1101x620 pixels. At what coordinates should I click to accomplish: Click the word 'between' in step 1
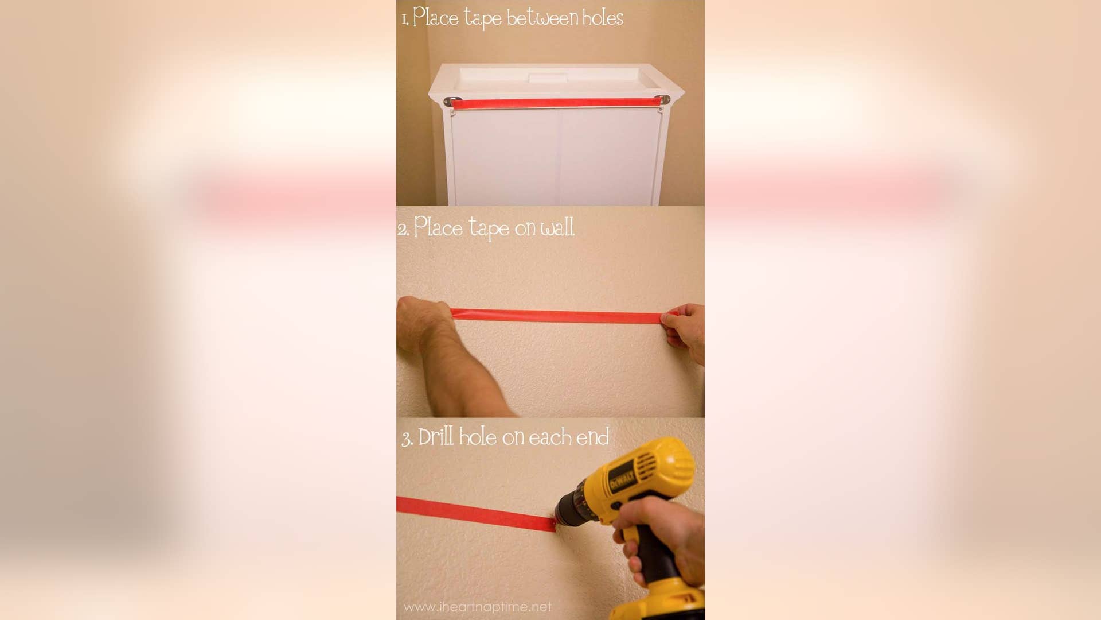pyautogui.click(x=542, y=18)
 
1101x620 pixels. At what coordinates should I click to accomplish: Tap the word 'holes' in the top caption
pyautogui.click(x=603, y=18)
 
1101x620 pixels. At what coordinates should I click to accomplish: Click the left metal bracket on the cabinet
pyautogui.click(x=452, y=102)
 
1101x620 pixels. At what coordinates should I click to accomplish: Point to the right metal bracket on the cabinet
pyautogui.click(x=664, y=100)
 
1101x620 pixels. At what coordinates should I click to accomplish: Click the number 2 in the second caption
pyautogui.click(x=403, y=230)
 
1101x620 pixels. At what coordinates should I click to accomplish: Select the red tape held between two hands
pyautogui.click(x=556, y=316)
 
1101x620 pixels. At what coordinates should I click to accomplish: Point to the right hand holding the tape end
pyautogui.click(x=685, y=330)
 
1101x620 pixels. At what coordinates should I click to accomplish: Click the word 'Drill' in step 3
pyautogui.click(x=436, y=437)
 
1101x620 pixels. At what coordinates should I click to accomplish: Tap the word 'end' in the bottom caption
pyautogui.click(x=592, y=437)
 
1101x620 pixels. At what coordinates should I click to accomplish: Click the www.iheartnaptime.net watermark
pyautogui.click(x=477, y=607)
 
